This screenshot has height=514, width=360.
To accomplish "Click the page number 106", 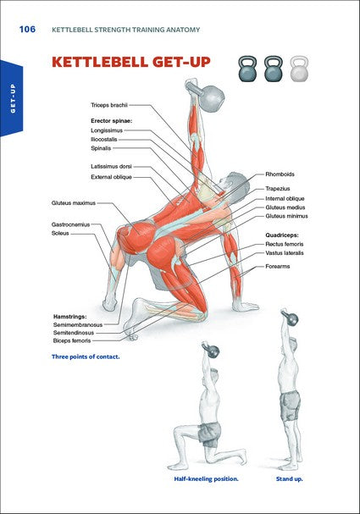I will (26, 30).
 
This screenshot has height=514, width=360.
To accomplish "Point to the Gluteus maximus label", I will (74, 203).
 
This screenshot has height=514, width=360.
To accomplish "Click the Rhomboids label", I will (280, 174).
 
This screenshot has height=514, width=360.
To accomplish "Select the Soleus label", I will (61, 233).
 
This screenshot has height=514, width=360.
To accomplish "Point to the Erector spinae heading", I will (114, 121).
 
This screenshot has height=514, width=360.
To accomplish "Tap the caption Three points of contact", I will (86, 356).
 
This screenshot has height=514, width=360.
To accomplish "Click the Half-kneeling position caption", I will (207, 479).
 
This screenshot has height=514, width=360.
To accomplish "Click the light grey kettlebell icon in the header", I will (299, 69).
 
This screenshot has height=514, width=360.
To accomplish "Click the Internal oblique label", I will (286, 198).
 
